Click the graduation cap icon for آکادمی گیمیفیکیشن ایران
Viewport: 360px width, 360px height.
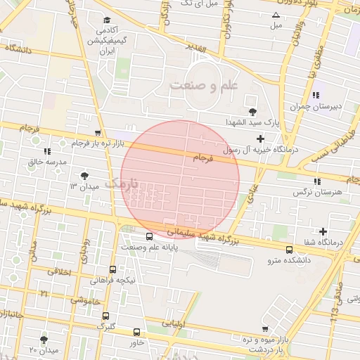point(107,20)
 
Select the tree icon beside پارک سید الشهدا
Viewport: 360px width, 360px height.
point(252,111)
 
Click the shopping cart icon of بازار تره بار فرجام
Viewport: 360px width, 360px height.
point(98,132)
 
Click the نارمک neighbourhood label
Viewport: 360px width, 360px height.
point(121,184)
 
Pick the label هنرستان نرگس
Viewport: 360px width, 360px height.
point(320,191)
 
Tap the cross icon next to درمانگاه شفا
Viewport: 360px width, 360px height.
point(323,231)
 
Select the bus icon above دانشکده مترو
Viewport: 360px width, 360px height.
point(290,250)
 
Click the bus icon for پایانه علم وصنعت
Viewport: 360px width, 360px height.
point(149,236)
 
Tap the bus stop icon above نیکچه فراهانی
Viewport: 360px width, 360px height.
point(113,269)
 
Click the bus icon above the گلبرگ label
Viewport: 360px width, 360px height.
point(106,316)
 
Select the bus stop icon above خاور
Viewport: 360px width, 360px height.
point(136,332)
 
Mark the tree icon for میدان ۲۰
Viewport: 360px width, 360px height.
point(44,339)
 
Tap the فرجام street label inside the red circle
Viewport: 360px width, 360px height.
point(200,160)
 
